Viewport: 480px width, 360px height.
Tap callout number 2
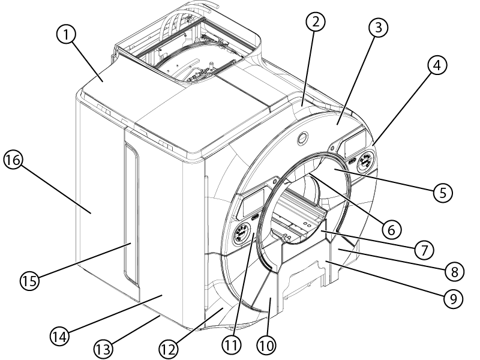pyautogui.click(x=315, y=23)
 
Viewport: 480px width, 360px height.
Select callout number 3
pyautogui.click(x=379, y=28)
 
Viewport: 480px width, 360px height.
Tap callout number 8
pyautogui.click(x=454, y=272)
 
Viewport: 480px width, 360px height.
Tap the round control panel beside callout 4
pyautogui.click(x=364, y=162)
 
